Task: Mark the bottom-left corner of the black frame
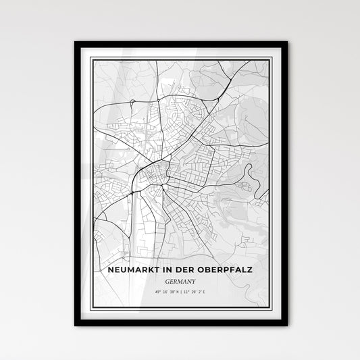(x=76, y=325)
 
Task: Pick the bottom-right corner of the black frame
(x=286, y=325)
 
